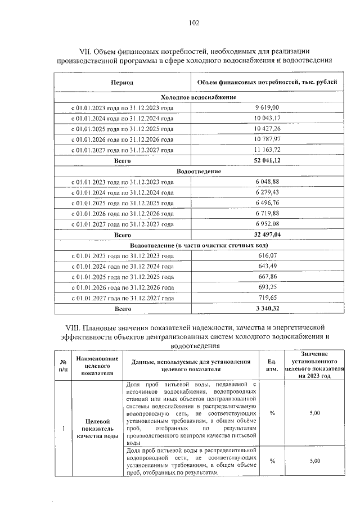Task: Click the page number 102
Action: (193, 23)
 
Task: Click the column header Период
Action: (122, 83)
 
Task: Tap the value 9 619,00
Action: (267, 106)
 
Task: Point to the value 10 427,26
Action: (267, 128)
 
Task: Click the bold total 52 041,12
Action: (267, 161)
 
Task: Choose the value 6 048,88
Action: (267, 181)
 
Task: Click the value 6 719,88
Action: (267, 213)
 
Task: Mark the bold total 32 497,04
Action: (267, 235)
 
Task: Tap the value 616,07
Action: (267, 255)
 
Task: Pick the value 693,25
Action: (267, 287)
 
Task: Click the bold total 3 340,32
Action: (267, 309)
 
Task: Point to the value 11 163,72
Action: (267, 150)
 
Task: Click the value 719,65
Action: (267, 298)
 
